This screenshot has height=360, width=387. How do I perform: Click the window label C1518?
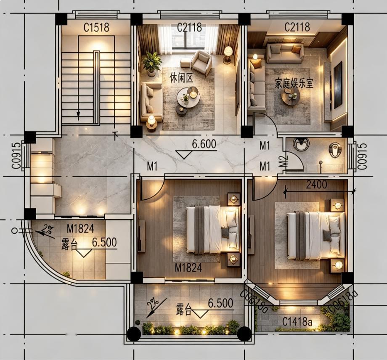(x=96, y=28)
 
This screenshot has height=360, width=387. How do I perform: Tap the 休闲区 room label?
(x=181, y=78)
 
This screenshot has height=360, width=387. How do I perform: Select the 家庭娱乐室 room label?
(x=294, y=84)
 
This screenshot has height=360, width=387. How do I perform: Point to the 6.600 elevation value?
(x=204, y=144)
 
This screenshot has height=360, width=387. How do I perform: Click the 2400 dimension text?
(x=316, y=184)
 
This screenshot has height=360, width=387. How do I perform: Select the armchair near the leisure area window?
(x=201, y=62)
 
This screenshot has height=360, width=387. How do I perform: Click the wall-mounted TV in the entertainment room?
(x=338, y=85)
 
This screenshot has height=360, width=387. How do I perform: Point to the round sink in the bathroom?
(x=301, y=144)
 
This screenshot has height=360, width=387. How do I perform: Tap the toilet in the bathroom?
(x=335, y=150)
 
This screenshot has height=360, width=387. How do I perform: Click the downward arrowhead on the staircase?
(x=78, y=114)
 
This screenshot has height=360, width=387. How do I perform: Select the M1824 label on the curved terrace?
(x=80, y=229)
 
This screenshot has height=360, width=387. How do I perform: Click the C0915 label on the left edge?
(x=16, y=156)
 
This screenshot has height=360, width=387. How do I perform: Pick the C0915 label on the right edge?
(x=362, y=156)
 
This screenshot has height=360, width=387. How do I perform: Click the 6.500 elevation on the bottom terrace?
(x=220, y=303)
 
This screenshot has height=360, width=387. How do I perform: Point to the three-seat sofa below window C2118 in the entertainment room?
(x=285, y=53)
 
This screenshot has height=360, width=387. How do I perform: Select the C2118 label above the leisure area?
(x=189, y=28)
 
